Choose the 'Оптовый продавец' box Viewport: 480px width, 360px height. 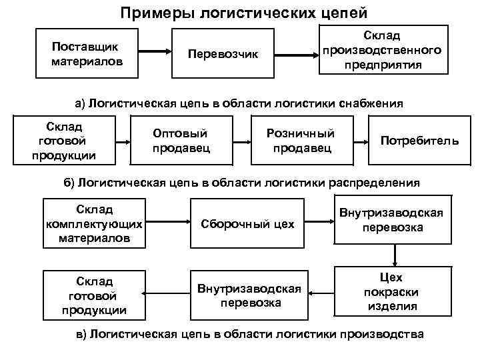click(181, 140)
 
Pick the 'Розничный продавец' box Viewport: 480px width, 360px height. click(301, 140)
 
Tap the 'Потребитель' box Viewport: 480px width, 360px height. click(419, 141)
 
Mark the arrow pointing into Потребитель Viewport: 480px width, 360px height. click(361, 141)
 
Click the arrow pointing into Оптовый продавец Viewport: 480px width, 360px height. click(123, 141)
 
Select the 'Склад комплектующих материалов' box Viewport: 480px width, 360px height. click(94, 222)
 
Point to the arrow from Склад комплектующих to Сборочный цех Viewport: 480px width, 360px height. click(167, 223)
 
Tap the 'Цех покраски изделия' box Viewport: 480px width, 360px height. click(392, 292)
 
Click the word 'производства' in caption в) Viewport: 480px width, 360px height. click(381, 334)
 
